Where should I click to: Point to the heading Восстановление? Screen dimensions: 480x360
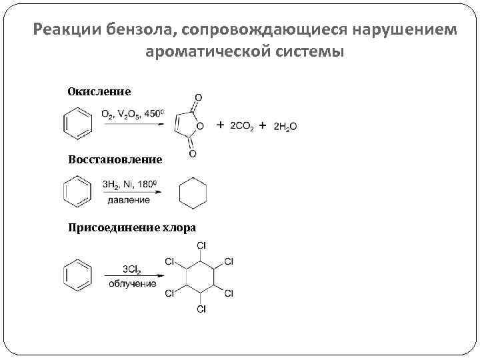point(115,159)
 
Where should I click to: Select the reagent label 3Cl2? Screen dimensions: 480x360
point(131,269)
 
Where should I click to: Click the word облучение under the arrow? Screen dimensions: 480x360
point(133,284)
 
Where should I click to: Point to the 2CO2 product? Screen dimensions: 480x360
point(243,125)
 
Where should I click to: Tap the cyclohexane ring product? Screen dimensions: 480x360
point(193,193)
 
